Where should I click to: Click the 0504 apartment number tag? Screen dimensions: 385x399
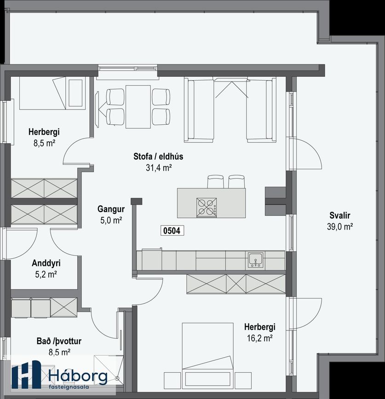[x=172, y=231]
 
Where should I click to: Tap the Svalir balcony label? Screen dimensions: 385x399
[x=340, y=215]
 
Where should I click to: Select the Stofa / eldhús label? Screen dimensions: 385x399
[x=158, y=156]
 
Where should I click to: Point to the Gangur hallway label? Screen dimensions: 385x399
[x=111, y=209]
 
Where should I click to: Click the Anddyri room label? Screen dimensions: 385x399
[x=46, y=263]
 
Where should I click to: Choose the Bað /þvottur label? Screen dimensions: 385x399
[x=59, y=341]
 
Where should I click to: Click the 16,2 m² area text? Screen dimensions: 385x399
[x=259, y=338]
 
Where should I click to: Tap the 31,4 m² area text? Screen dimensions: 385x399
[x=158, y=168]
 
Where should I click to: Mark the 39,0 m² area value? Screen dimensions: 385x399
[x=340, y=226]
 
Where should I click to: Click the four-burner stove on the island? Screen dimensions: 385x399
[x=207, y=208]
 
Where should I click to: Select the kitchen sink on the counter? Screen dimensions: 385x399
[x=256, y=260]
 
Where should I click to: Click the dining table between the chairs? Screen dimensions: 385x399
[x=138, y=107]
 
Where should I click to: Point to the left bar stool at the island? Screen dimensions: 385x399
[x=216, y=181]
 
